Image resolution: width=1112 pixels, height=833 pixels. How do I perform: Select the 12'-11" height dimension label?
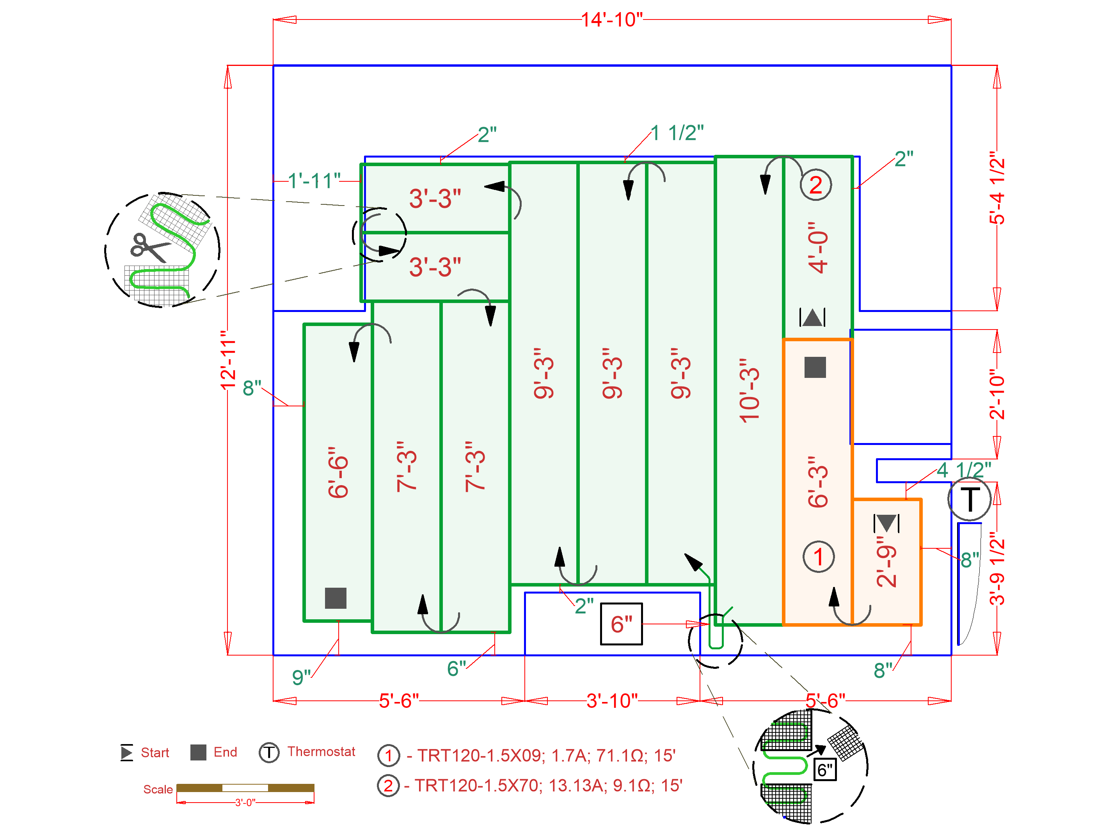tap(228, 360)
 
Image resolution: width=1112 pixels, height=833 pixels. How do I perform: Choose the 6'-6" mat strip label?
tap(338, 472)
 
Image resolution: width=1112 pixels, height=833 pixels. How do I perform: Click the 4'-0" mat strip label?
tap(818, 248)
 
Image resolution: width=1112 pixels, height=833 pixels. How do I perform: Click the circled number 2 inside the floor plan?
tap(815, 185)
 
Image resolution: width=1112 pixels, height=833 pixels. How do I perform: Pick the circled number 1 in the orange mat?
tap(819, 557)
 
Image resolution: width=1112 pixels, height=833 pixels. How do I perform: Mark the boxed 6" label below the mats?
tap(621, 624)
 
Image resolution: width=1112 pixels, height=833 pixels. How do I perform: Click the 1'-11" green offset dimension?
tap(314, 180)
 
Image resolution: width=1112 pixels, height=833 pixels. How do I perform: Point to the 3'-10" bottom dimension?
tap(612, 700)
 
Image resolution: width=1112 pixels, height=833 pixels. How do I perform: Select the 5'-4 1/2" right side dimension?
tap(997, 188)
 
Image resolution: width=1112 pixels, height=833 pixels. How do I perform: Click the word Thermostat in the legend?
tap(321, 751)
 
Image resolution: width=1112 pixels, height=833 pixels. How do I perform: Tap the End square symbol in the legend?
tap(198, 752)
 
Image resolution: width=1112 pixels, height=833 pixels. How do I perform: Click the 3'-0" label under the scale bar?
tap(245, 802)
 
